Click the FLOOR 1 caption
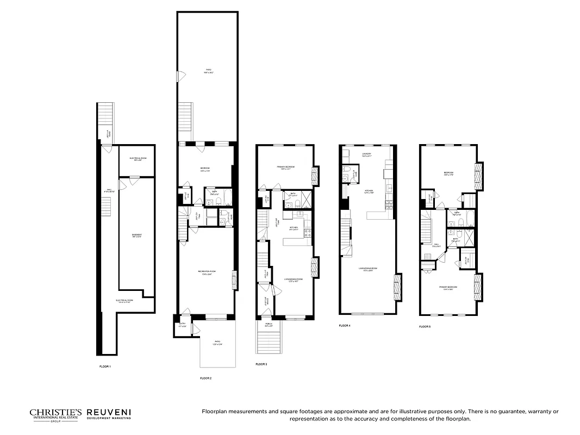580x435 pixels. pos(105,366)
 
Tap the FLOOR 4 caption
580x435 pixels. pos(345,326)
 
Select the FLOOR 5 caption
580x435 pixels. pos(425,327)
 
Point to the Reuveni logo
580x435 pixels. pos(108,415)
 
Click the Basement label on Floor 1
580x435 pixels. pos(136,236)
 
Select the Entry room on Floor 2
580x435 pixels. pos(182,326)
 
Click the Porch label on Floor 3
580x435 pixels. pos(269,324)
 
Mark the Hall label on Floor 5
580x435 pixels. pos(435,246)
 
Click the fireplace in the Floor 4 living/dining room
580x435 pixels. pos(396,283)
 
